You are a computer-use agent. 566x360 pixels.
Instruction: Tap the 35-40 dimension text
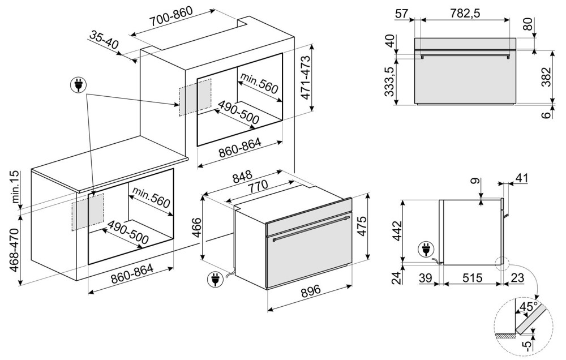click(x=104, y=40)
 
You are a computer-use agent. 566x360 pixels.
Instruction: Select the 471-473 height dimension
click(x=305, y=78)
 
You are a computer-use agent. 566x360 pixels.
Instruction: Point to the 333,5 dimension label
click(x=389, y=81)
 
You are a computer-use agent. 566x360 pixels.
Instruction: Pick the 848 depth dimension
click(x=242, y=177)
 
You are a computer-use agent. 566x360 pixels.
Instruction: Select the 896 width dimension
click(x=310, y=291)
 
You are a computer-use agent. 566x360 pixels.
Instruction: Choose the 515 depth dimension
click(x=472, y=278)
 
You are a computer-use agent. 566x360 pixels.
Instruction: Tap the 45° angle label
click(x=528, y=307)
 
